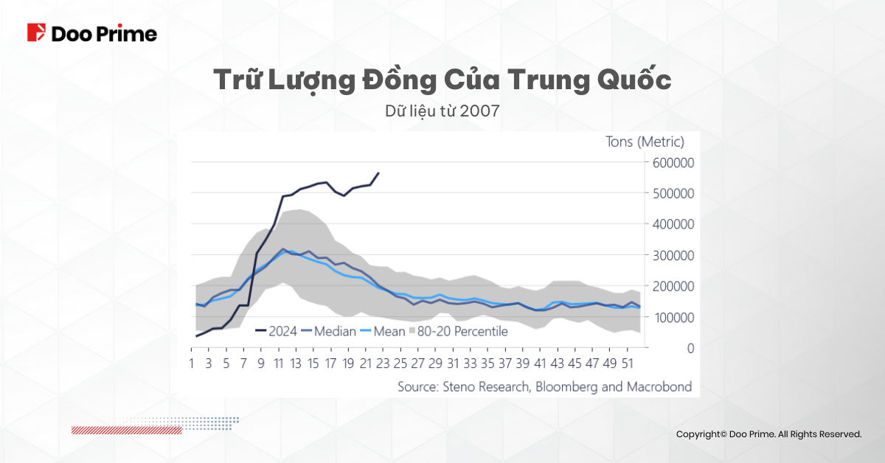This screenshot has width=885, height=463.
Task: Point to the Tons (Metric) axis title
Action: (645, 142)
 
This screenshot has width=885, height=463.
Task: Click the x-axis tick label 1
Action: (192, 363)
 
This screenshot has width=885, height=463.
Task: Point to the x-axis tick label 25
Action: (400, 363)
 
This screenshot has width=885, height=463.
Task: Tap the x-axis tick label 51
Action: (627, 363)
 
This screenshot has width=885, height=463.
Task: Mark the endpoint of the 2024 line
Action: (378, 173)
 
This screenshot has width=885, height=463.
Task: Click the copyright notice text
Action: (768, 435)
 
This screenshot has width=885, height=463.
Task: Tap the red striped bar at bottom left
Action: (126, 430)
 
